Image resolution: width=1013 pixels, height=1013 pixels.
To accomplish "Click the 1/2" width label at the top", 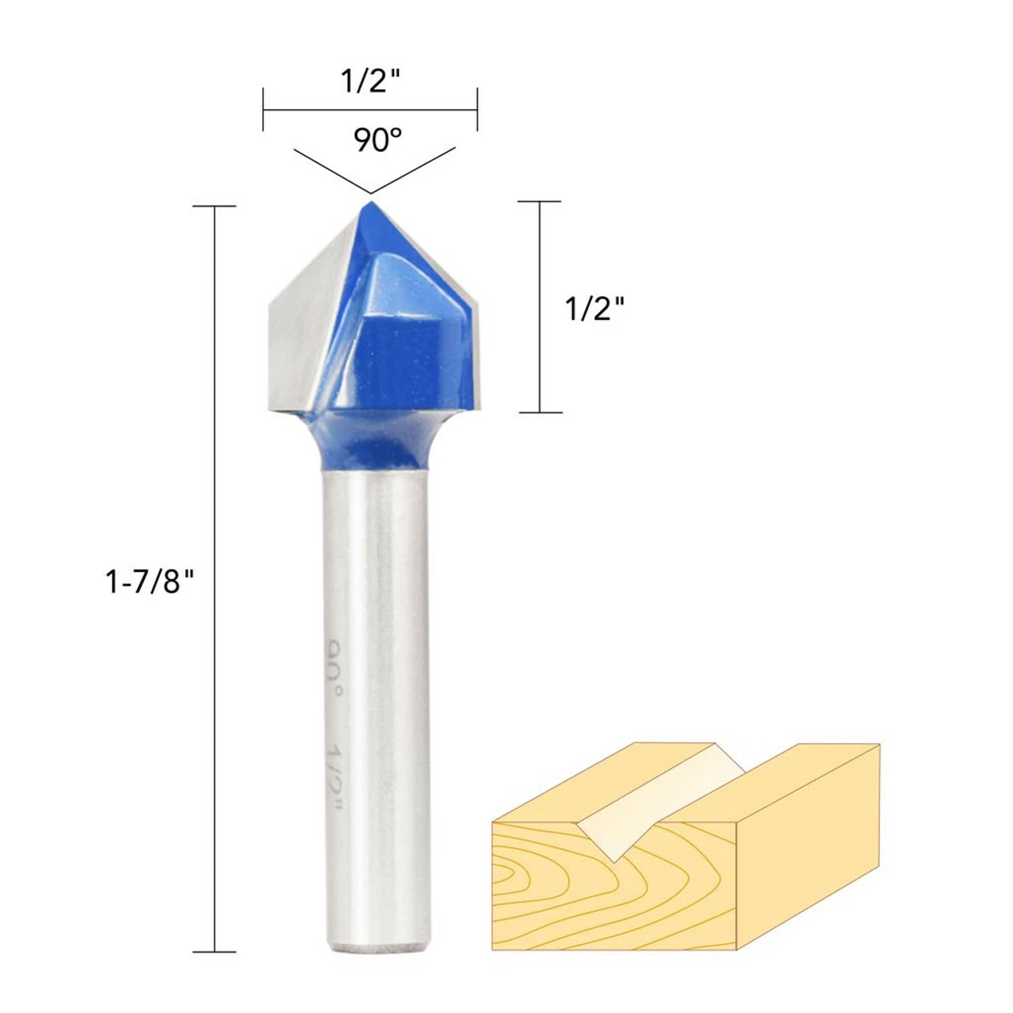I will pos(370,81).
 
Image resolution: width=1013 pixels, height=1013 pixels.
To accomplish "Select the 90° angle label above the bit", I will pos(377,141).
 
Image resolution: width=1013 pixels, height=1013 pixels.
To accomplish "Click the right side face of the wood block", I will pos(807,847).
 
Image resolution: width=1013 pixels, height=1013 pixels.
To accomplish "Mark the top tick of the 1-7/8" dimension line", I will pos(214,207).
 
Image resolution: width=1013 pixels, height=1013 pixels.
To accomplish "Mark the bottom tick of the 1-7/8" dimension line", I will pos(214,951).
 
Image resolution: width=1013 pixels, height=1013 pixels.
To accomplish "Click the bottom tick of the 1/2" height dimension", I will pos(540,412).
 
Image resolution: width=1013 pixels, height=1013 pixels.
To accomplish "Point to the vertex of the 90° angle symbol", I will pos(370,192).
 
